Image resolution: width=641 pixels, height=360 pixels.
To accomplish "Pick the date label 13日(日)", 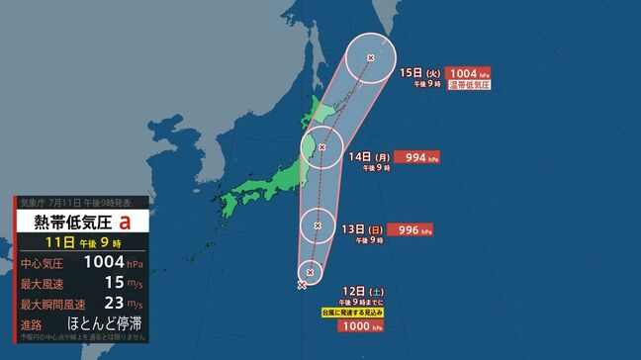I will (360, 228).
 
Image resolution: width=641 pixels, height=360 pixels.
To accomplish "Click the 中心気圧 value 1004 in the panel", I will (104, 262).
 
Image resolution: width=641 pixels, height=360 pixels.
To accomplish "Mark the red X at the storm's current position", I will (301, 285).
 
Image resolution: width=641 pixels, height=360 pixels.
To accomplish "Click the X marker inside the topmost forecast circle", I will (371, 57).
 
